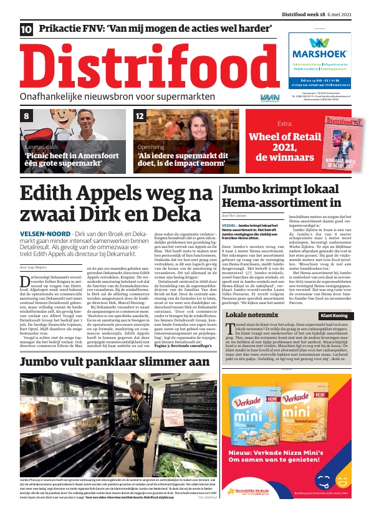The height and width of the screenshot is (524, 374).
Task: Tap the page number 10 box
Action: (27, 29)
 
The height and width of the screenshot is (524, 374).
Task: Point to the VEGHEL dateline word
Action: (229, 224)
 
